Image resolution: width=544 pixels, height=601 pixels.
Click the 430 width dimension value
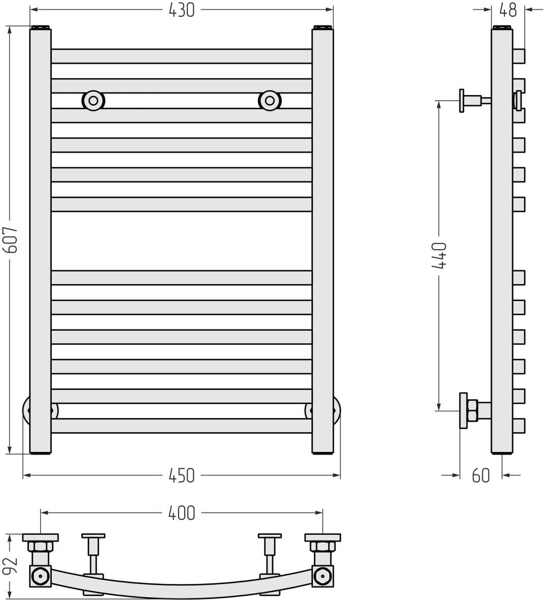pos(182,10)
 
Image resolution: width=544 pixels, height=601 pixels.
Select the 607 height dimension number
pos(12,239)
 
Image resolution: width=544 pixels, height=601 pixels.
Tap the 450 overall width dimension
pos(182,475)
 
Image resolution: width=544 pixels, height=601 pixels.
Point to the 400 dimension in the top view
pos(182,513)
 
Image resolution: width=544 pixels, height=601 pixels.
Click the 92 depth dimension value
pos(12,566)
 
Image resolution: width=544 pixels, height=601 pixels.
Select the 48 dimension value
pos(508,10)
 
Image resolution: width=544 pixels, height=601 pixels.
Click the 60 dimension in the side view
pos(481,475)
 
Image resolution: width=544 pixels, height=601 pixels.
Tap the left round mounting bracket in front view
pos(93,101)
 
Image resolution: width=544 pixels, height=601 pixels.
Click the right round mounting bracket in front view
pos(270,101)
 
